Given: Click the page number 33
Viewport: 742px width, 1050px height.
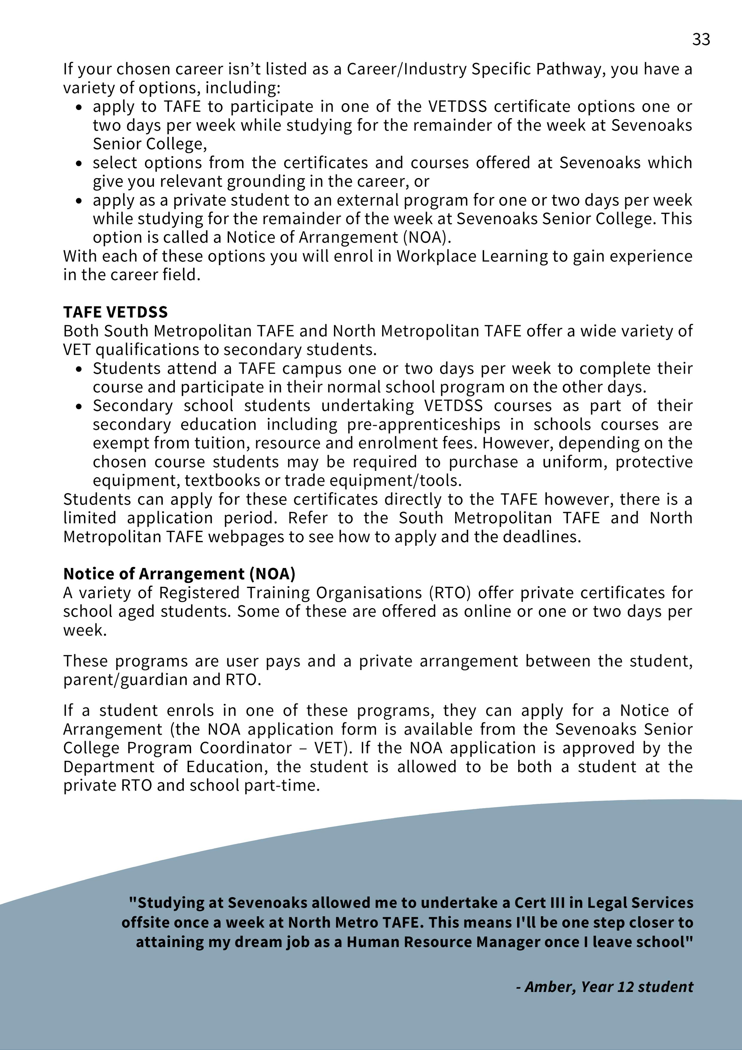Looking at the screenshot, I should pos(701,40).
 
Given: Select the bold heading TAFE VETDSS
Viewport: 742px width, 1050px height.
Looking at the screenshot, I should pos(115,312).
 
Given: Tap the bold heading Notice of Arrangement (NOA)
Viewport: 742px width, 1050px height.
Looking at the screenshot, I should pos(179,574).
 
